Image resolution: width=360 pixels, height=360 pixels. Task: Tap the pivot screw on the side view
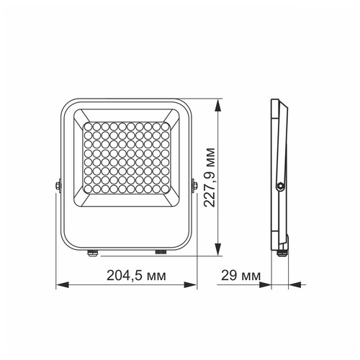point(279,186)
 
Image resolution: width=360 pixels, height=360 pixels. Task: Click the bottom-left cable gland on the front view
point(92,252)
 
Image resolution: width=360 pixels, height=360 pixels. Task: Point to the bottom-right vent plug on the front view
point(160,252)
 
